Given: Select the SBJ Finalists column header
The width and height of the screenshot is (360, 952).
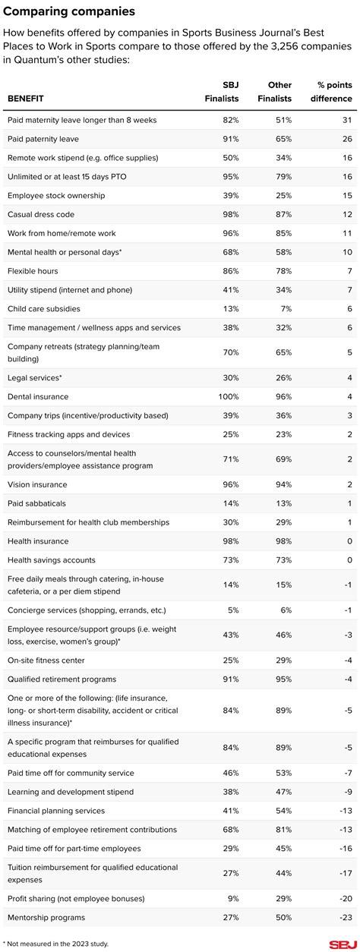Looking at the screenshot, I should point(222,92).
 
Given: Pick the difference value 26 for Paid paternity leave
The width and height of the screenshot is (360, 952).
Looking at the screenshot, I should point(346,139).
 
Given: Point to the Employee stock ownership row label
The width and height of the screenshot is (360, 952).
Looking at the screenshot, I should point(56,196).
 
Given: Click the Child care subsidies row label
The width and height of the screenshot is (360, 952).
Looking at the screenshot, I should point(43,309).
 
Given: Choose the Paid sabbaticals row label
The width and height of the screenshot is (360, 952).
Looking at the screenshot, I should point(38,503).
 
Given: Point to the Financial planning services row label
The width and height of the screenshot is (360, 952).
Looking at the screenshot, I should point(56,811).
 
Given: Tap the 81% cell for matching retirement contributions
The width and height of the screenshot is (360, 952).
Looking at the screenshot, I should point(282,830).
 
